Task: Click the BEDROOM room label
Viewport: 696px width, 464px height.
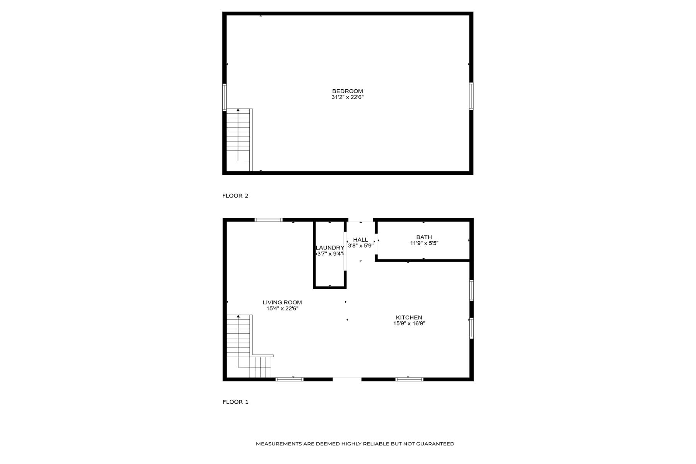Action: pyautogui.click(x=347, y=91)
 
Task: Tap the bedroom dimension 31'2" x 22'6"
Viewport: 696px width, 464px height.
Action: pyautogui.click(x=347, y=97)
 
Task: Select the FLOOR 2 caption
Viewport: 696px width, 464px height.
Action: pyautogui.click(x=235, y=196)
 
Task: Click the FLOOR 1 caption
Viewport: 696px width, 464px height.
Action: pyautogui.click(x=235, y=402)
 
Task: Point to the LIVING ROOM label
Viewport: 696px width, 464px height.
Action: pyautogui.click(x=282, y=302)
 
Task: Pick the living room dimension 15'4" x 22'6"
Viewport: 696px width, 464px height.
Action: pyautogui.click(x=282, y=309)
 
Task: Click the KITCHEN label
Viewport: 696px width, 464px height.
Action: pyautogui.click(x=409, y=317)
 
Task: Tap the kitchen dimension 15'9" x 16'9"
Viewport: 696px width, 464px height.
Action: pyautogui.click(x=409, y=324)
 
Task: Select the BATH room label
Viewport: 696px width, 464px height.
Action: pyautogui.click(x=424, y=237)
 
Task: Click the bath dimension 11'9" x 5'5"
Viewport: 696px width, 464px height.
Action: pyautogui.click(x=424, y=243)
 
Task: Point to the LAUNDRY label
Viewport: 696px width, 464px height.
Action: pyautogui.click(x=329, y=247)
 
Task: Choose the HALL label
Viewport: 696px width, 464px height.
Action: pyautogui.click(x=360, y=240)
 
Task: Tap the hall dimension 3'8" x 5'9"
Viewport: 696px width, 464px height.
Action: pyautogui.click(x=360, y=246)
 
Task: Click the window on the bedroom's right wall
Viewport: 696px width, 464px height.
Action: pyautogui.click(x=471, y=96)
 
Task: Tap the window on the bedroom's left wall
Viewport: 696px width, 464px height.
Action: pyautogui.click(x=224, y=97)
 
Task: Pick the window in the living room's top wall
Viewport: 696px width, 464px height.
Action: pyautogui.click(x=268, y=220)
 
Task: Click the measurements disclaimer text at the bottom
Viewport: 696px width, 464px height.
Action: pyautogui.click(x=355, y=444)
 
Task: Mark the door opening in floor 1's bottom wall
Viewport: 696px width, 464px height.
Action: pyautogui.click(x=347, y=379)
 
